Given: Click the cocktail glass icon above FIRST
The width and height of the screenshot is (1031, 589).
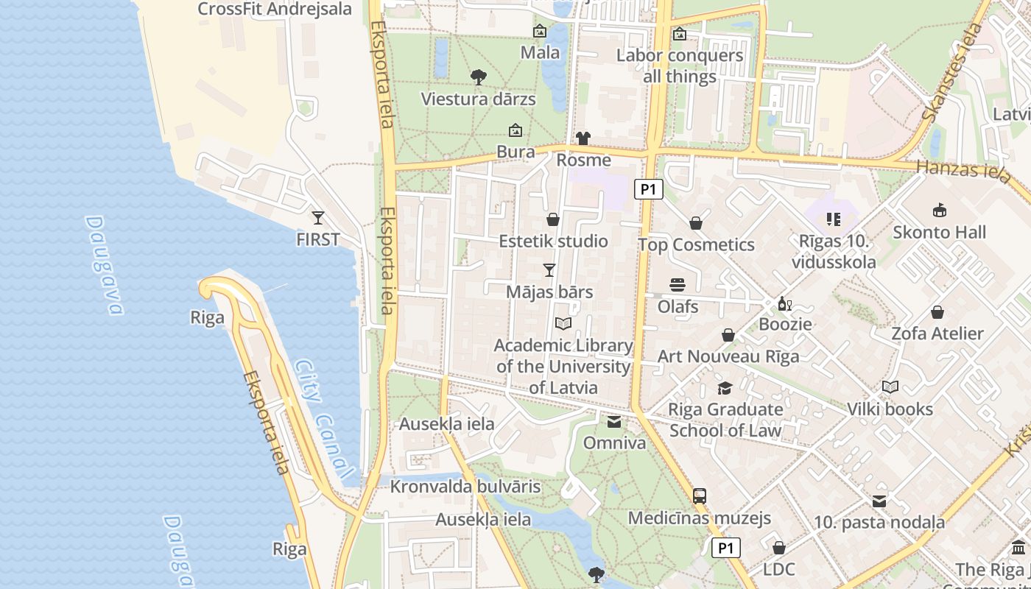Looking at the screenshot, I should click(x=318, y=218).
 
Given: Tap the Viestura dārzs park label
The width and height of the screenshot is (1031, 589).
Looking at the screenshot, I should click(x=478, y=99).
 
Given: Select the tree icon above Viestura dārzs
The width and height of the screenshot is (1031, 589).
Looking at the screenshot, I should click(x=478, y=77).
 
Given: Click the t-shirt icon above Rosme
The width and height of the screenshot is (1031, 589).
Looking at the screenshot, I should click(x=583, y=138).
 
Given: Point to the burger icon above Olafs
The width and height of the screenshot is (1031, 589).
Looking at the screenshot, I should click(x=678, y=285).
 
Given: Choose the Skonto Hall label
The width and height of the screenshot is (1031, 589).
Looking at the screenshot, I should click(x=939, y=233).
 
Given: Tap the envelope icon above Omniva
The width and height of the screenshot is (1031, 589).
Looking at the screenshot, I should click(x=614, y=422).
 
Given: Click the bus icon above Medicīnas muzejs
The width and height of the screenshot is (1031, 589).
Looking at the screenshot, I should click(x=700, y=496).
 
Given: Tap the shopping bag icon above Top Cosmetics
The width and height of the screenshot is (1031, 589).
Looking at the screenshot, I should click(x=696, y=223).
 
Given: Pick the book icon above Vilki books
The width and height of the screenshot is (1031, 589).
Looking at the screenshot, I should click(x=890, y=387).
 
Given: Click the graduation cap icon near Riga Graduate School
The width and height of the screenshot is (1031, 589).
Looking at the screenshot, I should click(x=725, y=388).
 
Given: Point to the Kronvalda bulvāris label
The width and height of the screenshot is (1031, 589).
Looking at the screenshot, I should click(x=465, y=487).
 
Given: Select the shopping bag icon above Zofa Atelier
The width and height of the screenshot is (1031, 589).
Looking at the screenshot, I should click(x=937, y=312).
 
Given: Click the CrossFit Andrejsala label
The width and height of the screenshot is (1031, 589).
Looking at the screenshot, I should click(x=275, y=10).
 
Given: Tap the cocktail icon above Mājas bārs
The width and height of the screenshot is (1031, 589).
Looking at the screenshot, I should click(x=549, y=270).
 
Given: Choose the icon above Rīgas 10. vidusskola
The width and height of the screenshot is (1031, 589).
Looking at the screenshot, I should click(x=834, y=219).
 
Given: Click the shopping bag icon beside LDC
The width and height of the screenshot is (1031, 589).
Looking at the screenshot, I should click(x=779, y=548).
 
